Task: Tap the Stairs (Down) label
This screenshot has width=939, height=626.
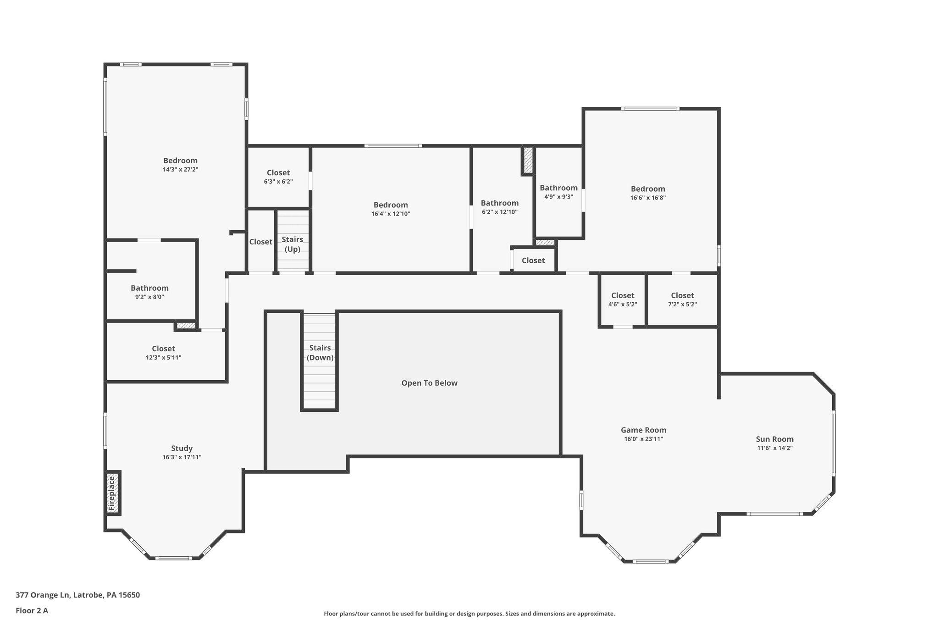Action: (320, 353)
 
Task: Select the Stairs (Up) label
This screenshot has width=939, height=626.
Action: (293, 244)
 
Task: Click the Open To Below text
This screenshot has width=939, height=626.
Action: (429, 383)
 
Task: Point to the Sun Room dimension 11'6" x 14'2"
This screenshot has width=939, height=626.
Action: (774, 448)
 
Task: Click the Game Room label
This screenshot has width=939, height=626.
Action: (643, 430)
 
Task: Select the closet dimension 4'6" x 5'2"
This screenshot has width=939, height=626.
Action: (622, 304)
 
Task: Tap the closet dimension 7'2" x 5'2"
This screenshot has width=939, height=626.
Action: (682, 304)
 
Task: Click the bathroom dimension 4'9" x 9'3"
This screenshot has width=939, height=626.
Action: (558, 197)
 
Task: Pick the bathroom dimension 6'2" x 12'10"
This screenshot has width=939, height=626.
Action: (499, 212)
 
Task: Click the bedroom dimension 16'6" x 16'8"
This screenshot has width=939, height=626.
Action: (647, 198)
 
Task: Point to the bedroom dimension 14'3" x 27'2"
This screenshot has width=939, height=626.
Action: (180, 169)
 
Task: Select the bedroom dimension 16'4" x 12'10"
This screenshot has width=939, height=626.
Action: (390, 214)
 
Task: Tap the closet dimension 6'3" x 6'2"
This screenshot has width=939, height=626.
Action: (278, 182)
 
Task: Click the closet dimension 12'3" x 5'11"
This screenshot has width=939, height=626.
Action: (163, 357)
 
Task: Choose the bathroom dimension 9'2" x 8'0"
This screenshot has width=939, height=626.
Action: (149, 297)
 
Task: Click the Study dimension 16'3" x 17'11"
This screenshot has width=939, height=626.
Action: (182, 457)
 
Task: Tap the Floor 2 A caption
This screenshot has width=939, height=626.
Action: (32, 610)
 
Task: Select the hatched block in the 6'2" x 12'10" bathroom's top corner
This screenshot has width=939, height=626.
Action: (528, 160)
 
